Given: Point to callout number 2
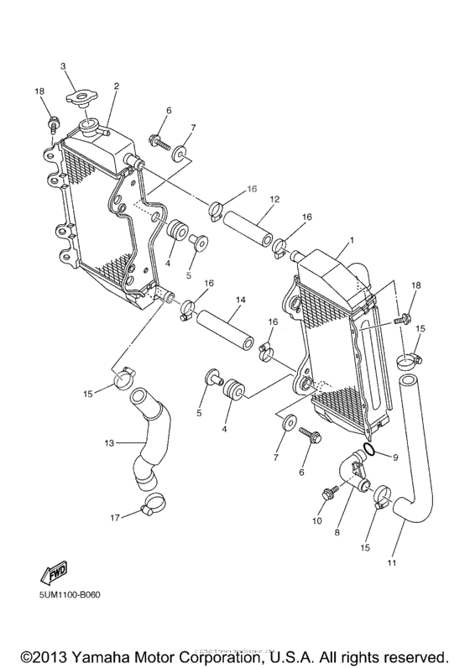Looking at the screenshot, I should point(116,86).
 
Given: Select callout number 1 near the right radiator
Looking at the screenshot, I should point(351,240).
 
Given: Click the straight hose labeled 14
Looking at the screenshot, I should point(225,331).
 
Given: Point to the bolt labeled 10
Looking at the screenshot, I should point(327,493).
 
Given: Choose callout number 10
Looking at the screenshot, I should point(317,520).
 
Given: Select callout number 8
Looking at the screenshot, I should point(337,531).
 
